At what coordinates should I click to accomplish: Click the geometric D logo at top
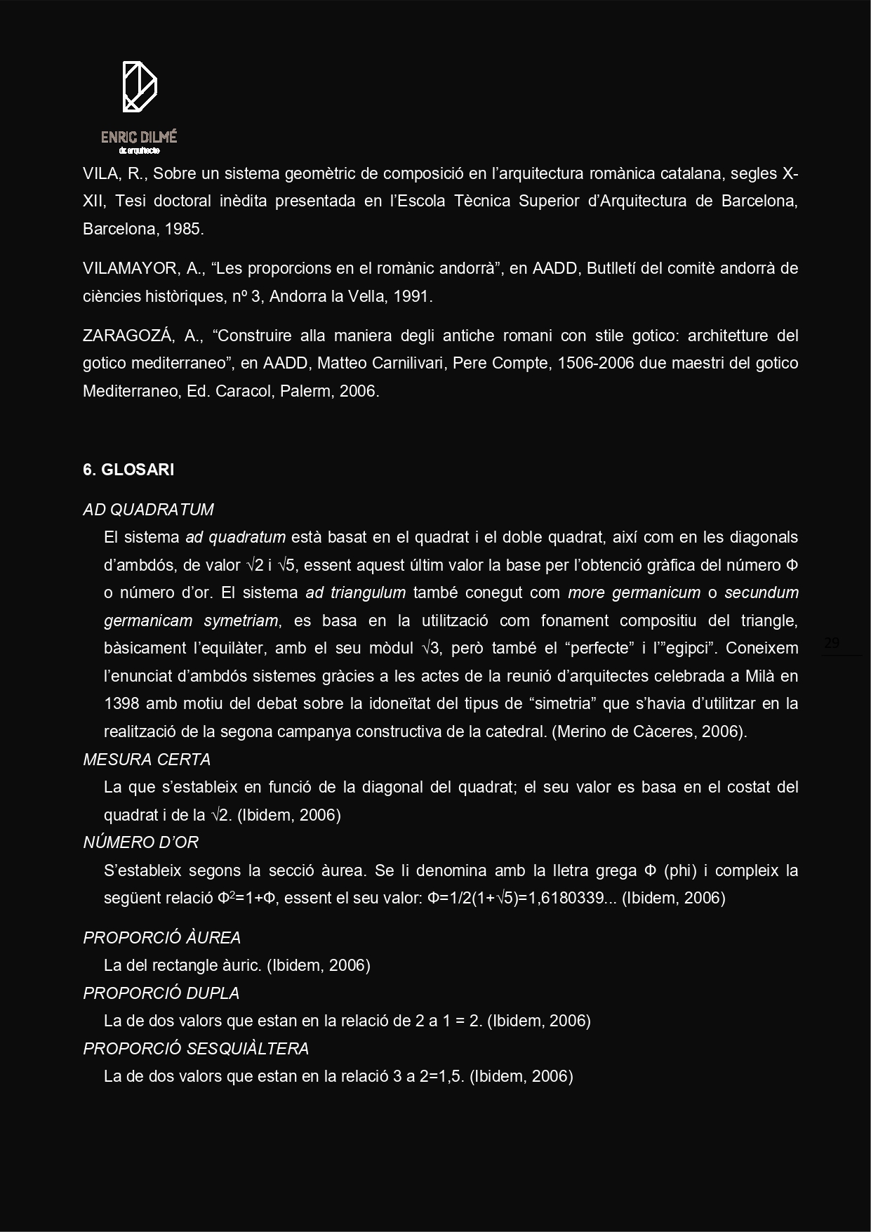140,86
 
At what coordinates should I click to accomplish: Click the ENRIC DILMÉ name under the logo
139,137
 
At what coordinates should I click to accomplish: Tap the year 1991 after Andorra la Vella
411,296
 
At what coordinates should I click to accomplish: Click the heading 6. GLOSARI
128,470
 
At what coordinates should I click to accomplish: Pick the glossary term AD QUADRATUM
148,510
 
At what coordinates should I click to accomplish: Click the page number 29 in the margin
832,642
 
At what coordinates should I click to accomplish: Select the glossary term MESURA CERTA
147,760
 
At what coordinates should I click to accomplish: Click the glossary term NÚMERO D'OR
141,842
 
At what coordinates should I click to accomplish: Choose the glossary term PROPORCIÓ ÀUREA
162,938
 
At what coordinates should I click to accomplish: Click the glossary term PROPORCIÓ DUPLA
161,993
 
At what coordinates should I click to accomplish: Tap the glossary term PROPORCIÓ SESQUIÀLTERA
196,1049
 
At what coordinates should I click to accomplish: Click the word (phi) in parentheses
679,870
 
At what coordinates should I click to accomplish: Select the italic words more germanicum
634,592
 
